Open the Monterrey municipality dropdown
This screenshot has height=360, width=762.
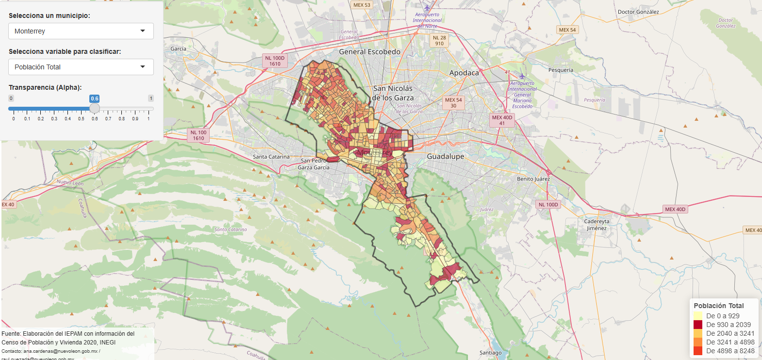[81, 31]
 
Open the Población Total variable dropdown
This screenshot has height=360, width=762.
[81, 67]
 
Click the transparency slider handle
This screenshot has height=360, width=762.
[95, 108]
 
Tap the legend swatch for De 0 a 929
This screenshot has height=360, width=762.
[698, 316]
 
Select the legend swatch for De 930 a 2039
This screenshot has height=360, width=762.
[698, 325]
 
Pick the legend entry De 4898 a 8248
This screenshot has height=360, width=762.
[730, 351]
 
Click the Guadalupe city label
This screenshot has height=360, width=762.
[445, 156]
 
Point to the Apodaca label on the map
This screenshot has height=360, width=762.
[464, 73]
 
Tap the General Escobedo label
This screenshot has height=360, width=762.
[369, 51]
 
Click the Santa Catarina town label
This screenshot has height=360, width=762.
[271, 157]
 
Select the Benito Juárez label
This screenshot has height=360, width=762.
[533, 179]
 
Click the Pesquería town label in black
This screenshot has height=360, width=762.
[561, 70]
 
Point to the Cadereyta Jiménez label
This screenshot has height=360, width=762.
[596, 225]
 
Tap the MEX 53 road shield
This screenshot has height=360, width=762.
[362, 5]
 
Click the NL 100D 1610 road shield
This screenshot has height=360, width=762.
[275, 61]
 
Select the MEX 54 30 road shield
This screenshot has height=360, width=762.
[453, 103]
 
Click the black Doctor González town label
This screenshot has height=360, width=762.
[638, 12]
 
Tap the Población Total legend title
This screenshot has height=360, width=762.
[718, 306]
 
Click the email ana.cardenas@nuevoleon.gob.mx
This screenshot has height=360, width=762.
[60, 351]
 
